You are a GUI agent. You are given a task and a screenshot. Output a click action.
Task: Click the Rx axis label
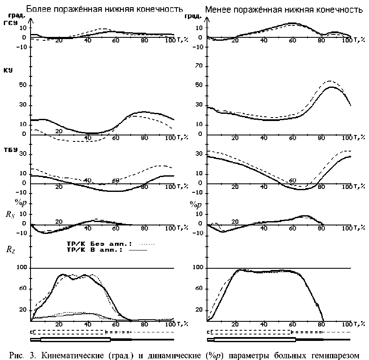pos(10,214)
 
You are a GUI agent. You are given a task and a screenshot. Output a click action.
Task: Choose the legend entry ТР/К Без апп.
pos(97,244)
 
